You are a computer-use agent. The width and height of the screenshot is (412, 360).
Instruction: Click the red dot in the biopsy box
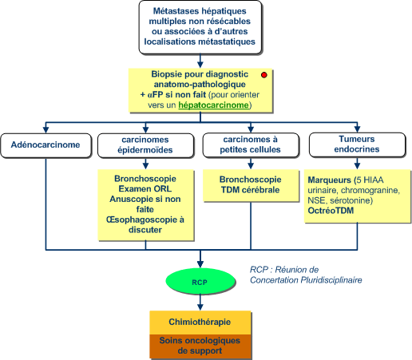tap(263, 75)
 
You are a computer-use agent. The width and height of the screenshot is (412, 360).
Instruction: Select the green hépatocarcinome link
tap(213, 105)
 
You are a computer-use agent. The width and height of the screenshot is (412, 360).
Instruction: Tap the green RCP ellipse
tap(200, 282)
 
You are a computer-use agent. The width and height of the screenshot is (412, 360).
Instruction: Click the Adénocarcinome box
tap(46, 145)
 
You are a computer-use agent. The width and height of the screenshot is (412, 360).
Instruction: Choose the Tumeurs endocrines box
tap(357, 144)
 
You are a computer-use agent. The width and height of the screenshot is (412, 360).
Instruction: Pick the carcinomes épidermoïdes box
tap(145, 145)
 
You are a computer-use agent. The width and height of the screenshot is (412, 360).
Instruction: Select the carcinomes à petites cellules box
tap(251, 144)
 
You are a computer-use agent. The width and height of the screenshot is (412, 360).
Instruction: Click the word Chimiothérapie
tap(200, 322)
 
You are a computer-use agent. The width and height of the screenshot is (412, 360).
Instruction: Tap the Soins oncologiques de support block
tap(200, 346)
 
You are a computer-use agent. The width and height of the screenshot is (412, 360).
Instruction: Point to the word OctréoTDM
tap(331, 211)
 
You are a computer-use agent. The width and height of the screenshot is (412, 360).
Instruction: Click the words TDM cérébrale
tap(250, 190)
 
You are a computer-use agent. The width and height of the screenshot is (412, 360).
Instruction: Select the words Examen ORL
tap(145, 189)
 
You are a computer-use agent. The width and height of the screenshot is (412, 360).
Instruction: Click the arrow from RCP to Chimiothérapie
tap(200, 303)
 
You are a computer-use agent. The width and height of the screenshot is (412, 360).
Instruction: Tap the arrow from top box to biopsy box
tap(200, 61)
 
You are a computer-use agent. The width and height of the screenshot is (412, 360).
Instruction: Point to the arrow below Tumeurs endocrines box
tap(357, 163)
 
